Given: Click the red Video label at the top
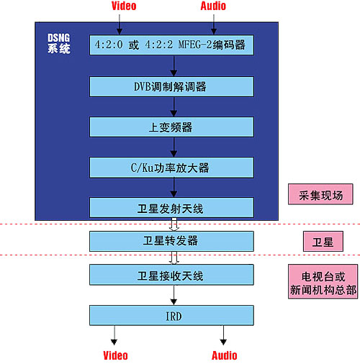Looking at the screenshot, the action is point(124,6).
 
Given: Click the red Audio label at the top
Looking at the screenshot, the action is point(213,6).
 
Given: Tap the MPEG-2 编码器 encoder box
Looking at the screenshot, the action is point(171,45).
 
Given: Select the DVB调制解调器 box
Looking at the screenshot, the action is point(171,86).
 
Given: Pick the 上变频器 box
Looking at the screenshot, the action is point(171,127).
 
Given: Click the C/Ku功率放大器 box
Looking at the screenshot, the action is point(171,168).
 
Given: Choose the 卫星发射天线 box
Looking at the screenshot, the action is point(171,208).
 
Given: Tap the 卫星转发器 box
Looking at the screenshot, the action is point(171,241).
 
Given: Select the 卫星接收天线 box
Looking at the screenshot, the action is point(171,275).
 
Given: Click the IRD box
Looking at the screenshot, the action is point(171,315).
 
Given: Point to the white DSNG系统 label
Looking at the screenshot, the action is point(59,43).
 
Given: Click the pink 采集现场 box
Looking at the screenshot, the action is point(320,194).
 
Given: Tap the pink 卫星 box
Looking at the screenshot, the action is point(323,242).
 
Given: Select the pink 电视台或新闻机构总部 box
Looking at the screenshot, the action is point(323,281).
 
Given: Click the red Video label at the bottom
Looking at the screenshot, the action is point(115,355).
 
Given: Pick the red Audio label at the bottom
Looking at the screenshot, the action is point(225,355).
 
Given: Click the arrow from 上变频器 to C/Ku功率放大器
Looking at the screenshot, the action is point(174,147).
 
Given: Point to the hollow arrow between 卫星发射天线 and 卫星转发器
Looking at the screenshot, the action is point(174,224).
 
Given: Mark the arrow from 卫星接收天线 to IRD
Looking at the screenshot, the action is point(174,295).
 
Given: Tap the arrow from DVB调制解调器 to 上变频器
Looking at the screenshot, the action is point(174,107).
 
